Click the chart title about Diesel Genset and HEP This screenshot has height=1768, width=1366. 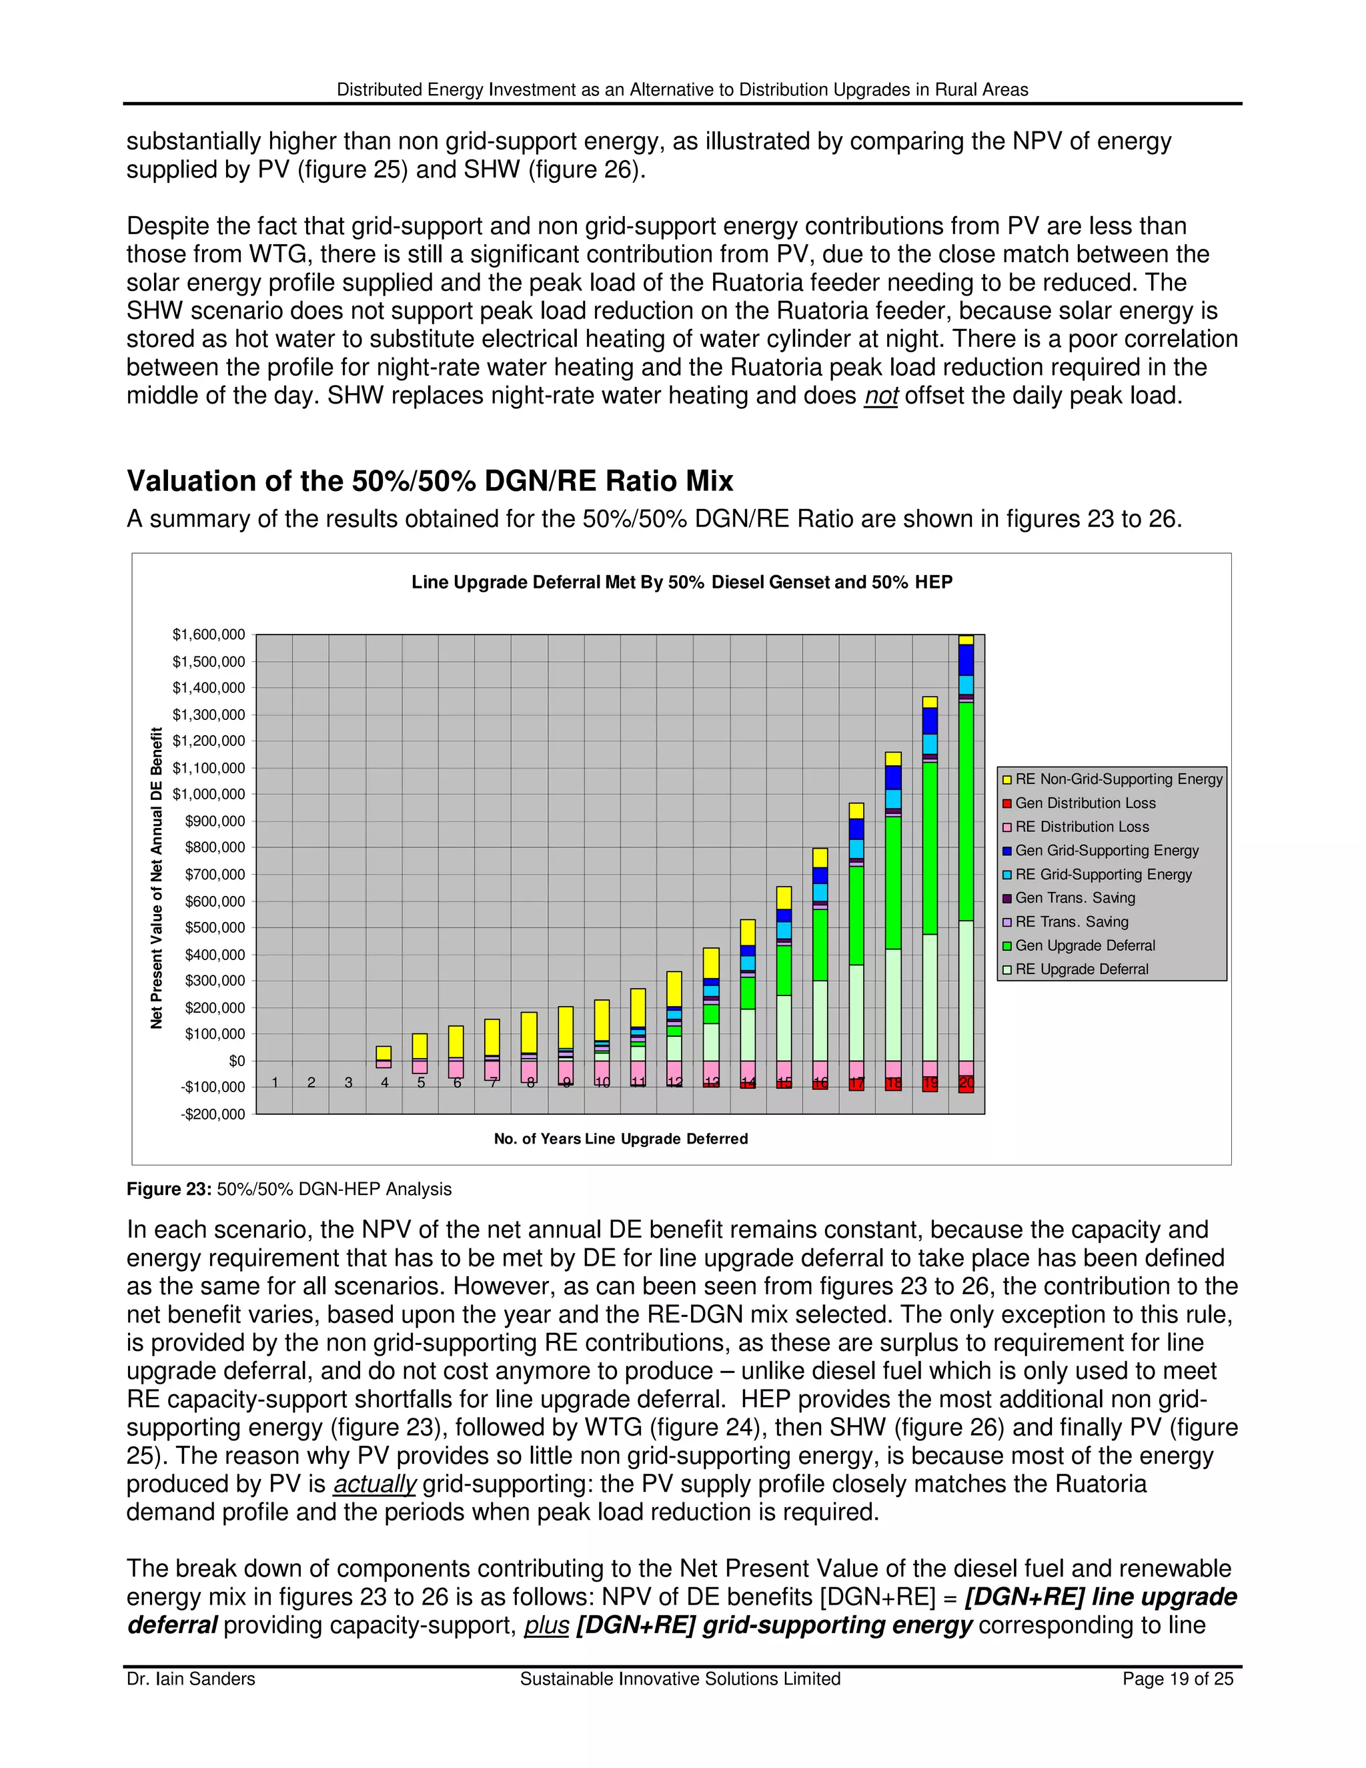click(682, 582)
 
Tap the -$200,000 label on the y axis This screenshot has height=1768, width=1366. click(213, 1114)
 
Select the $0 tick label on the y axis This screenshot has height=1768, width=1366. click(236, 1061)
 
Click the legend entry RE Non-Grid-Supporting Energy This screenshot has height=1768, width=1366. click(1119, 779)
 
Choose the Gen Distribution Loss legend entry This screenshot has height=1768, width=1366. click(1085, 803)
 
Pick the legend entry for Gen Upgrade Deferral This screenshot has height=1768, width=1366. click(1085, 945)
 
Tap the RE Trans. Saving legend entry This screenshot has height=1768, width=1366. click(1071, 921)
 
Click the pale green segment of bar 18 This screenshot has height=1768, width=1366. click(892, 1004)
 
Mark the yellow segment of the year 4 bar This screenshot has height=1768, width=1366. click(384, 1052)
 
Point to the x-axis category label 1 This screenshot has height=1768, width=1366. click(275, 1082)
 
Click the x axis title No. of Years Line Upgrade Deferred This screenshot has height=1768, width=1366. click(621, 1139)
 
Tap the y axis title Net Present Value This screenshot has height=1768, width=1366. click(156, 879)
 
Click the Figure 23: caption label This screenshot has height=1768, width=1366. click(169, 1189)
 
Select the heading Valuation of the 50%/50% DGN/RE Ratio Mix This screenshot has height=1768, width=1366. click(430, 481)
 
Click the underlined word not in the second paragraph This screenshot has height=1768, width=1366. click(880, 396)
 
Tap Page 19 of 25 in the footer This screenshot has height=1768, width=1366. click(1177, 1679)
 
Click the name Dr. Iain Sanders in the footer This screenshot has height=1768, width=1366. click(191, 1679)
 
